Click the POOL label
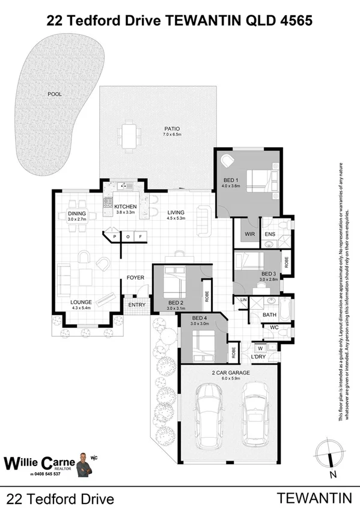[x=55, y=94]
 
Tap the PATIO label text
[x=172, y=128]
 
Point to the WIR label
[x=246, y=235]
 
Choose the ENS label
[x=269, y=235]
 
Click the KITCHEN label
[x=126, y=207]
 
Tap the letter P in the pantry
[x=114, y=238]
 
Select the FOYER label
[x=135, y=278]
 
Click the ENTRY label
[x=137, y=305]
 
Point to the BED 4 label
[x=199, y=318]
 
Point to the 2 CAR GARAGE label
[x=230, y=373]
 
